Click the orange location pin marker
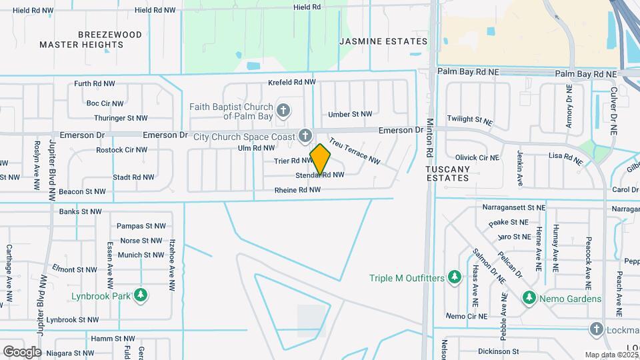(321, 159)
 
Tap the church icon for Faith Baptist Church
(283, 109)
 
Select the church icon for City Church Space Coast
(305, 136)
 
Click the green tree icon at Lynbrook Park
(140, 295)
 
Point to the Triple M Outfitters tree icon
(454, 277)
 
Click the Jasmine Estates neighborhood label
(383, 41)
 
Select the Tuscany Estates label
(448, 173)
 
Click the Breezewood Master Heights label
(91, 39)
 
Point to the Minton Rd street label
(430, 141)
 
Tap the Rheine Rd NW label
(297, 190)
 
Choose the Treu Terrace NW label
(354, 151)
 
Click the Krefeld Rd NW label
(291, 83)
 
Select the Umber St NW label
(345, 114)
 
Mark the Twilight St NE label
(470, 119)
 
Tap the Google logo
(22, 351)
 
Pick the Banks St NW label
(79, 212)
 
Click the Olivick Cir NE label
(477, 158)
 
